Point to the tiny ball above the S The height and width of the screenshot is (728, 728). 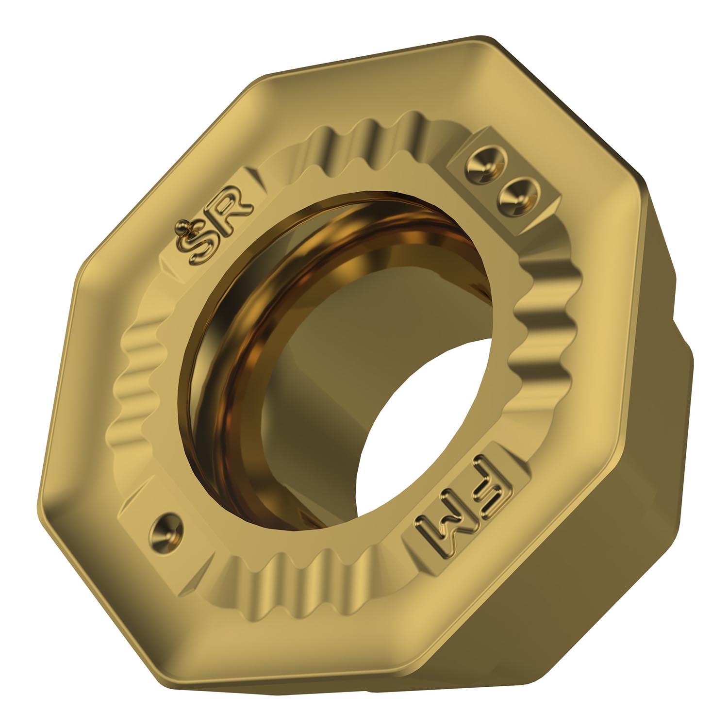[x=183, y=226]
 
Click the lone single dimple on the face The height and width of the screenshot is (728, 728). [x=166, y=528]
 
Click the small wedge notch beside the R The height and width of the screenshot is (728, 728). [x=256, y=178]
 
